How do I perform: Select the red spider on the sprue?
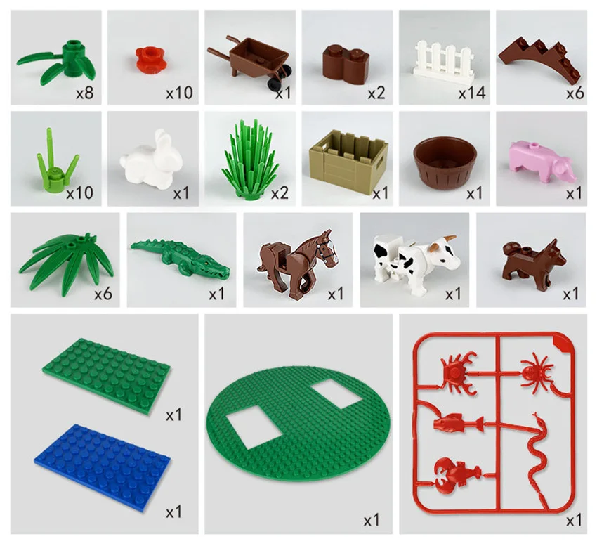pyautogui.click(x=537, y=370)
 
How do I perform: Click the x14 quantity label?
pyautogui.click(x=472, y=92)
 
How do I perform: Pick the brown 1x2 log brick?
pyautogui.click(x=343, y=62)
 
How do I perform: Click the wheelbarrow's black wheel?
pyautogui.click(x=272, y=85)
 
